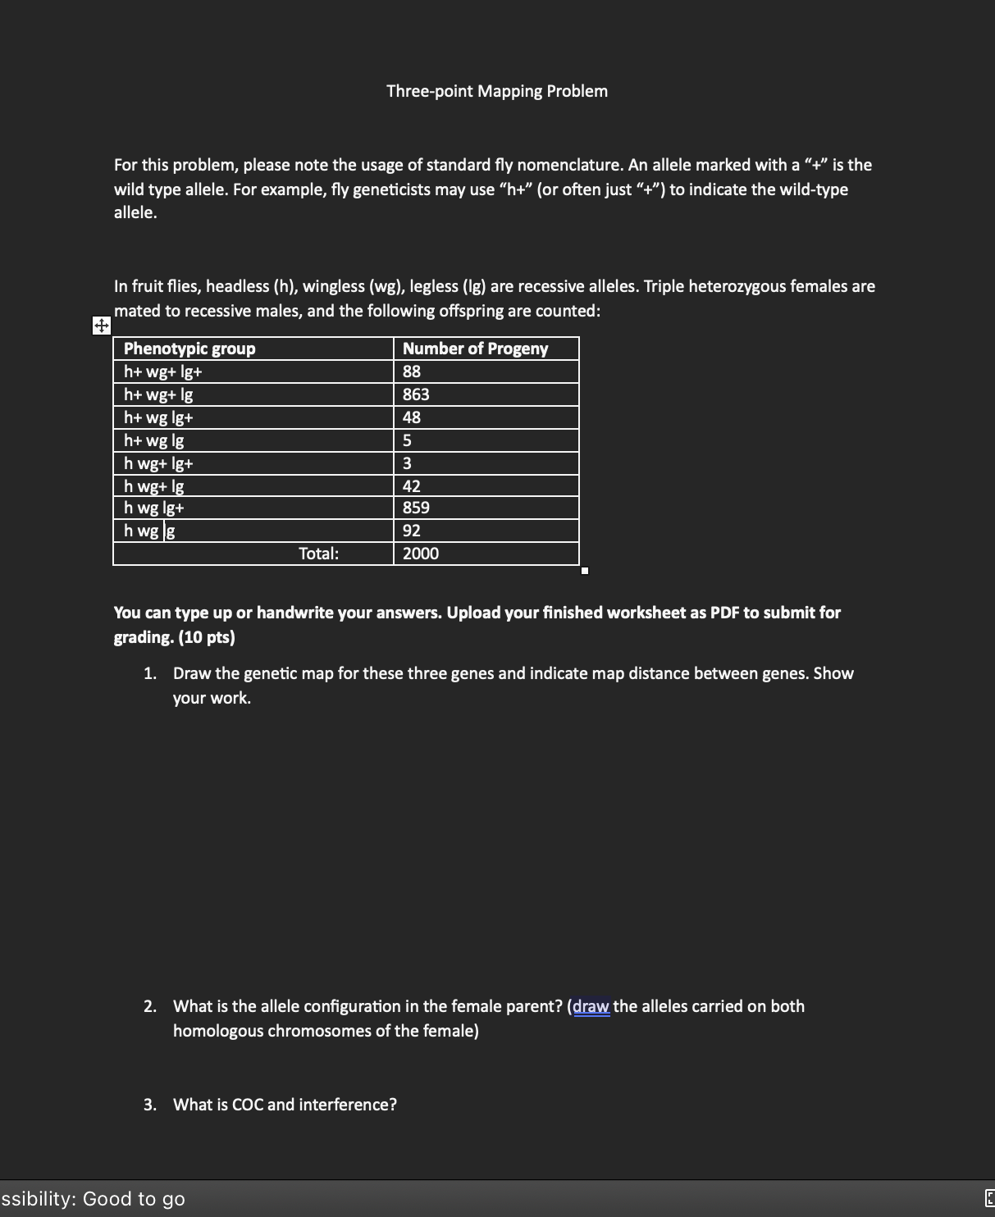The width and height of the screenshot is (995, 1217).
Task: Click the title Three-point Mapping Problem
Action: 496,91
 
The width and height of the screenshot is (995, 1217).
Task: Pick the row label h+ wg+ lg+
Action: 163,371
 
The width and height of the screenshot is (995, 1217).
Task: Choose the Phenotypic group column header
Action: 189,349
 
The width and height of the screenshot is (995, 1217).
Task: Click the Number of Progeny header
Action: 475,349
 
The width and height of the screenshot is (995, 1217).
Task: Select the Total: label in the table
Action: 318,554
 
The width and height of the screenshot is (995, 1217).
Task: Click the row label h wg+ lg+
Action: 158,463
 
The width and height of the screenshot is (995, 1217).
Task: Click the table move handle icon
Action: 100,326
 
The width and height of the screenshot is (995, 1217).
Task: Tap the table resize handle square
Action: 584,571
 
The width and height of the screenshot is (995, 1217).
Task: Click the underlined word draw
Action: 591,1006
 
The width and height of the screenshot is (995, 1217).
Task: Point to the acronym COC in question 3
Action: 247,1105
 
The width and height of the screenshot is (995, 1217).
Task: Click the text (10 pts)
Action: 206,637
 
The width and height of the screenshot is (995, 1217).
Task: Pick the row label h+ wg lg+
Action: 158,417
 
